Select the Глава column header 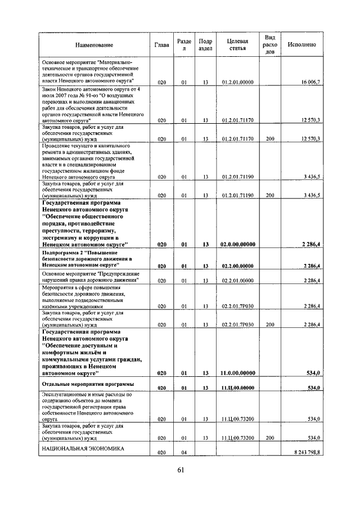(x=161, y=45)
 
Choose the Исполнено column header (x=301, y=45)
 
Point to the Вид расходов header (x=270, y=45)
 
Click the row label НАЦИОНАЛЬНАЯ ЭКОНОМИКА (x=83, y=448)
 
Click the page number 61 (x=180, y=470)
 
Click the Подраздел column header (x=206, y=45)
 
